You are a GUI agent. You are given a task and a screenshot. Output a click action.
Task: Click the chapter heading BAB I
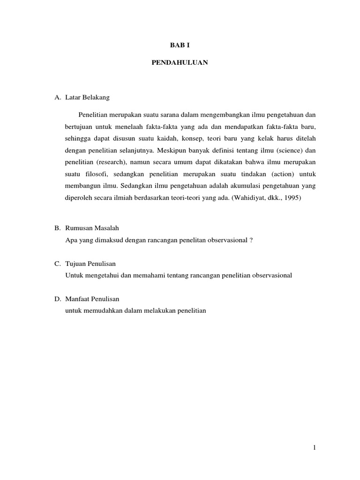pyautogui.click(x=180, y=45)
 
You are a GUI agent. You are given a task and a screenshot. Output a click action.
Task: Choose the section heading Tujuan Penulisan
pyautogui.click(x=93, y=264)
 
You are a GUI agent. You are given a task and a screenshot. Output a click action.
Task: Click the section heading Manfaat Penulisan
pyautogui.click(x=93, y=299)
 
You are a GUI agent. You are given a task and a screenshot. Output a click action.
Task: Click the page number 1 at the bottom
pyautogui.click(x=315, y=448)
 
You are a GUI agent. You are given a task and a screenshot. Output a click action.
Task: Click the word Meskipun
pyautogui.click(x=173, y=150)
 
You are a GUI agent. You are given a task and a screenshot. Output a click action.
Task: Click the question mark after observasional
pyautogui.click(x=251, y=240)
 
